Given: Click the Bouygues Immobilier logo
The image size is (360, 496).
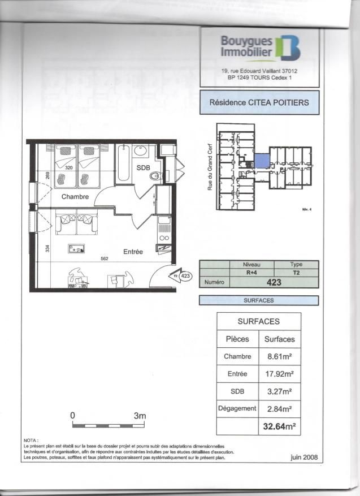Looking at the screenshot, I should point(260,48).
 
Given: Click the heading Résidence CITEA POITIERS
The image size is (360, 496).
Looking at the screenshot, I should point(259,103).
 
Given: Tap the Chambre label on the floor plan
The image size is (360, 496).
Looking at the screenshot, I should point(75,197).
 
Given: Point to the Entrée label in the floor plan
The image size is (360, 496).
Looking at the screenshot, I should point(133,252).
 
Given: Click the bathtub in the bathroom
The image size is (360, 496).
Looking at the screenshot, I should point(123,164).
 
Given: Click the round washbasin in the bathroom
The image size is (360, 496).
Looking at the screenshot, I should point(141,151).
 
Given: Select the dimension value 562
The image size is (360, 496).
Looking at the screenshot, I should point(104,259).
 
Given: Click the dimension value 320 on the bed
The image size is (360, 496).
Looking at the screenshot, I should point(69,168).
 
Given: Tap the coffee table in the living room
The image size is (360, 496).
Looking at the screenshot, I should point(76,248).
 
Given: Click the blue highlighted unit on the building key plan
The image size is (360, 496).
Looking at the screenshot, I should point(261,161).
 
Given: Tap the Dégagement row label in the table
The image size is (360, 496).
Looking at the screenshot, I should point(237,408).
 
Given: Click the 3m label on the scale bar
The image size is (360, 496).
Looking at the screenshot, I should point(140,416).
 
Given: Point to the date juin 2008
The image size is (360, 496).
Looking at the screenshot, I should point(303,458).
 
